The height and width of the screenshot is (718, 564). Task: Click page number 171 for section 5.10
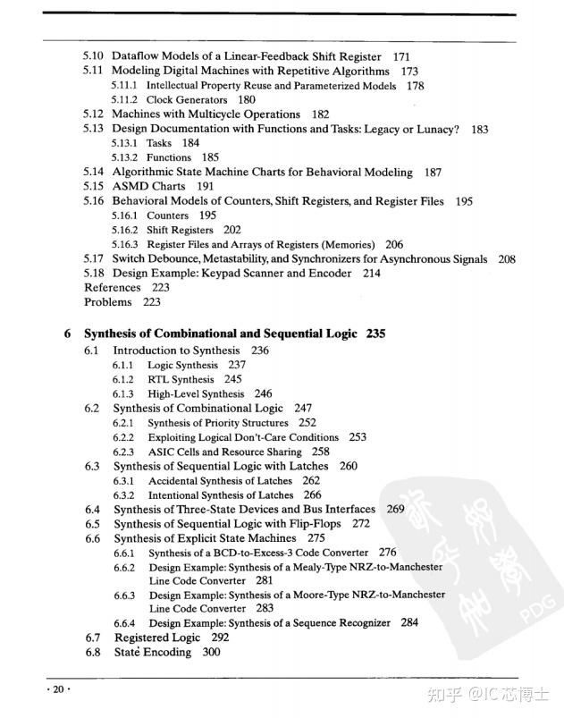coord(401,56)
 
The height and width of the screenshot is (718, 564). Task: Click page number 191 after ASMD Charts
coord(206,187)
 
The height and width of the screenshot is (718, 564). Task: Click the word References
coord(112,288)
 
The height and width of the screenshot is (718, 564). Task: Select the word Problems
coord(107,302)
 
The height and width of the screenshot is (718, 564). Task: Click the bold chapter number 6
coord(67,334)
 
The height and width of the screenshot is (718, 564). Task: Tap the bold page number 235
coord(375,334)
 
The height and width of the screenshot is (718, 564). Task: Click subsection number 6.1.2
coord(123,379)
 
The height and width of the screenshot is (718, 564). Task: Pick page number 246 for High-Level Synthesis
coord(263,393)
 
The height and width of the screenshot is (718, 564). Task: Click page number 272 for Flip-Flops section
coord(360,524)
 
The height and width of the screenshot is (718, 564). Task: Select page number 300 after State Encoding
coord(211,653)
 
